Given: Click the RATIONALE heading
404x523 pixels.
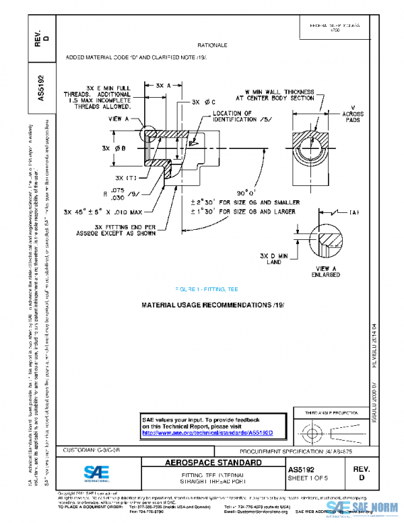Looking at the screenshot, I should tap(213, 44).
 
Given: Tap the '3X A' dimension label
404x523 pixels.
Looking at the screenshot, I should tap(163, 86).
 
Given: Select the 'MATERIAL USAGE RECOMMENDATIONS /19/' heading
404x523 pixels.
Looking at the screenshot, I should tap(213, 305).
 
